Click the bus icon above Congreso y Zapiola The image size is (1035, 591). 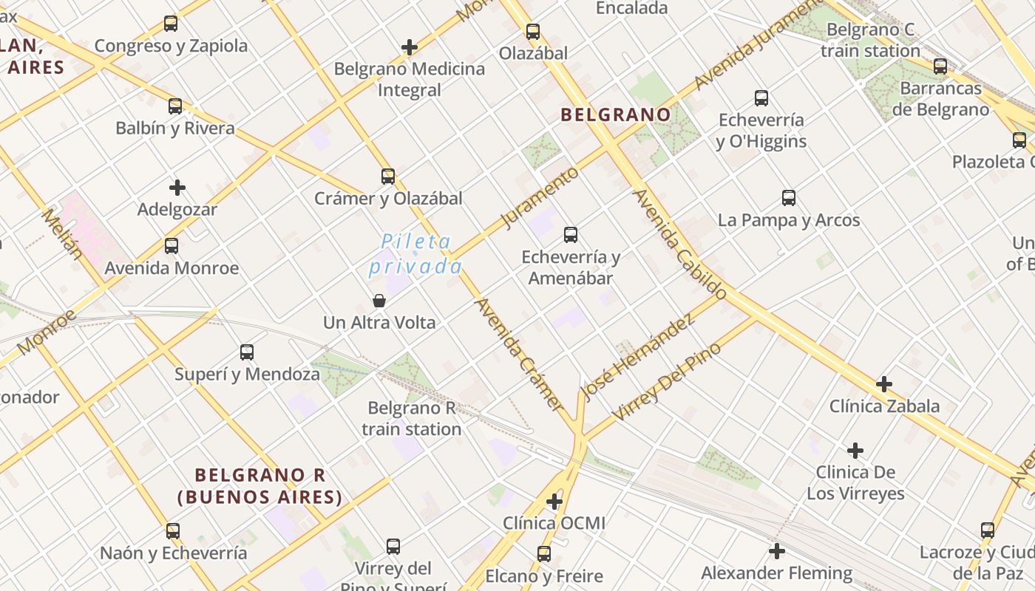click(x=171, y=24)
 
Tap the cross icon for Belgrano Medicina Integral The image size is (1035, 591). click(x=410, y=47)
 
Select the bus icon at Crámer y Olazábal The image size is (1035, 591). click(x=388, y=177)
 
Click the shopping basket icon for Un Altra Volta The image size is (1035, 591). click(x=379, y=301)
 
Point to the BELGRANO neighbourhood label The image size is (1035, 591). click(x=615, y=115)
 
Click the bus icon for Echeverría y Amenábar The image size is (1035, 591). click(x=571, y=235)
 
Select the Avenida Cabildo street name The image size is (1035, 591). click(x=680, y=245)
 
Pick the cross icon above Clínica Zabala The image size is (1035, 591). click(x=883, y=384)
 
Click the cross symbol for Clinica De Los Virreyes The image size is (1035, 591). click(x=855, y=451)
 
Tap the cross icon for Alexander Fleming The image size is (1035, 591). click(x=776, y=551)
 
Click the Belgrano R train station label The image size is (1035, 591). click(x=412, y=418)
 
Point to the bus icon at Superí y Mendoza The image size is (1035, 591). click(x=247, y=352)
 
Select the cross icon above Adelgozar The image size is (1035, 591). click(x=177, y=188)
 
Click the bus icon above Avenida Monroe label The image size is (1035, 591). click(x=172, y=246)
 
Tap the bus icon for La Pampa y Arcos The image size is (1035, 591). click(x=789, y=198)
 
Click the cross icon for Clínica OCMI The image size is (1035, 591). click(x=554, y=502)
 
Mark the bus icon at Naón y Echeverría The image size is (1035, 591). click(x=173, y=531)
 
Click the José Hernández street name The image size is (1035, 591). click(x=638, y=358)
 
